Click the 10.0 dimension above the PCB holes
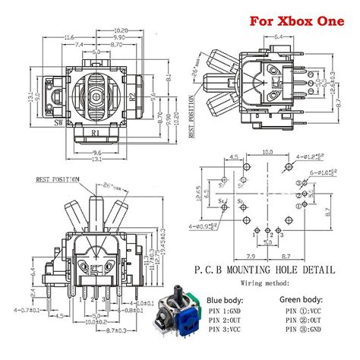pos(267,152)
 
